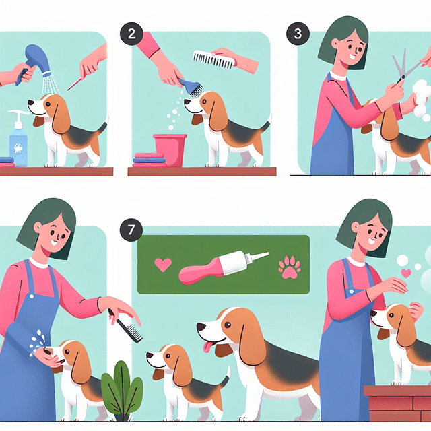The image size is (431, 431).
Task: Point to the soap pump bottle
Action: point(18,138)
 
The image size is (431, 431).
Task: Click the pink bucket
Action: point(169,149)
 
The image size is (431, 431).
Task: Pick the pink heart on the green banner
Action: point(163,265)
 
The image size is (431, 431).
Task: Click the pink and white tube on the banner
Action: point(223,266)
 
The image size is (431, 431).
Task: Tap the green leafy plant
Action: point(121,391)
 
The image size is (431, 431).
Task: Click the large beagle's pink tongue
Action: point(209,347)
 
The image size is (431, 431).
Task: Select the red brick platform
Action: point(397,404)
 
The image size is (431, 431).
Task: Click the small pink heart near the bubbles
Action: point(405,273)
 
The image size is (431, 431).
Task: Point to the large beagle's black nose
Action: point(201,327)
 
